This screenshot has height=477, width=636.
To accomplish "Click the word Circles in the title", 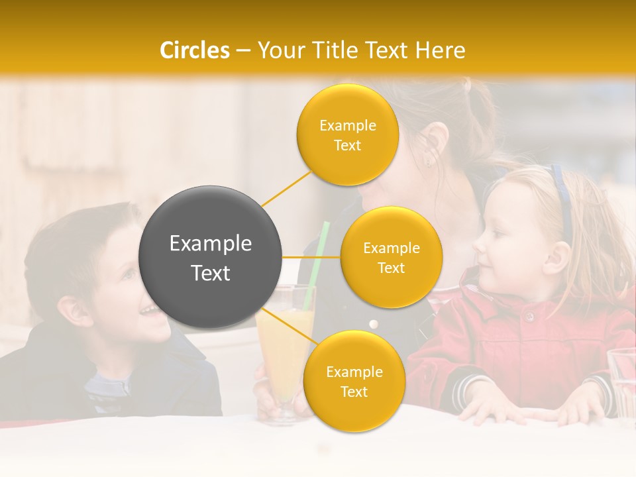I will (194, 50).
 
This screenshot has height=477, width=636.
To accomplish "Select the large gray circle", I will (211, 257).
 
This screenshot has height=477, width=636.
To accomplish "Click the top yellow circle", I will (347, 134).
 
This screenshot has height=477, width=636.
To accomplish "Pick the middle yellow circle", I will (391, 257).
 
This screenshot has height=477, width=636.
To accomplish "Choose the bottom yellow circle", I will (354, 381).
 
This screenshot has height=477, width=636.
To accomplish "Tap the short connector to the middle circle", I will (311, 257).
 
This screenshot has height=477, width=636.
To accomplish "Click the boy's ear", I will (71, 309).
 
